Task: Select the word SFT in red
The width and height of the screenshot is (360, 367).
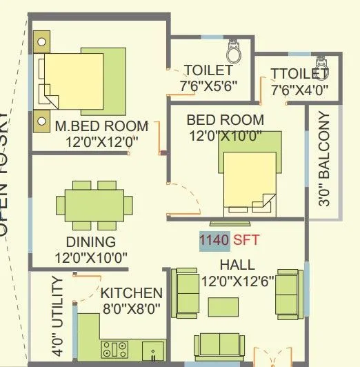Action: point(246,241)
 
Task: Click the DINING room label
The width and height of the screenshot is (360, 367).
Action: point(90,242)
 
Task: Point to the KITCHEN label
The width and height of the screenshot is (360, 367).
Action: point(132,293)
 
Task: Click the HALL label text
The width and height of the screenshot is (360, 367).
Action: point(237,265)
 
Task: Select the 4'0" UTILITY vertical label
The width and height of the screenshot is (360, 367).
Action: point(59,317)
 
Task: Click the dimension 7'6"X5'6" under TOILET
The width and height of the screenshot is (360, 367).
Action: point(208,88)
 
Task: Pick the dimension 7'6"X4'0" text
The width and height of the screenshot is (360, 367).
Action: point(299,90)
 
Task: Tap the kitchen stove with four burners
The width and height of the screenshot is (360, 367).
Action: point(114,348)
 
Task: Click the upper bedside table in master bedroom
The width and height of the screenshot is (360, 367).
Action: point(42,41)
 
